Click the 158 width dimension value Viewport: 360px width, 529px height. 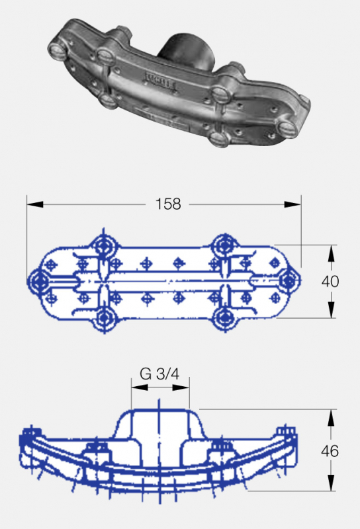(x=168, y=204)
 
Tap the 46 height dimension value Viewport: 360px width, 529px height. (x=330, y=451)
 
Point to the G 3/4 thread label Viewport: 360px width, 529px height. (x=159, y=374)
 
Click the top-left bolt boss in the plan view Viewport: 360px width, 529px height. (x=104, y=247)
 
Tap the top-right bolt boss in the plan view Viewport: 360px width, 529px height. (x=222, y=247)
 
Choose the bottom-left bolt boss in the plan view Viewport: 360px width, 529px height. (x=104, y=317)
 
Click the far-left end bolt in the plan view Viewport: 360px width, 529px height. (x=37, y=282)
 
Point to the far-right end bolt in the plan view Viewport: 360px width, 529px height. (x=287, y=281)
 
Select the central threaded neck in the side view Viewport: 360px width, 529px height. (x=159, y=430)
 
